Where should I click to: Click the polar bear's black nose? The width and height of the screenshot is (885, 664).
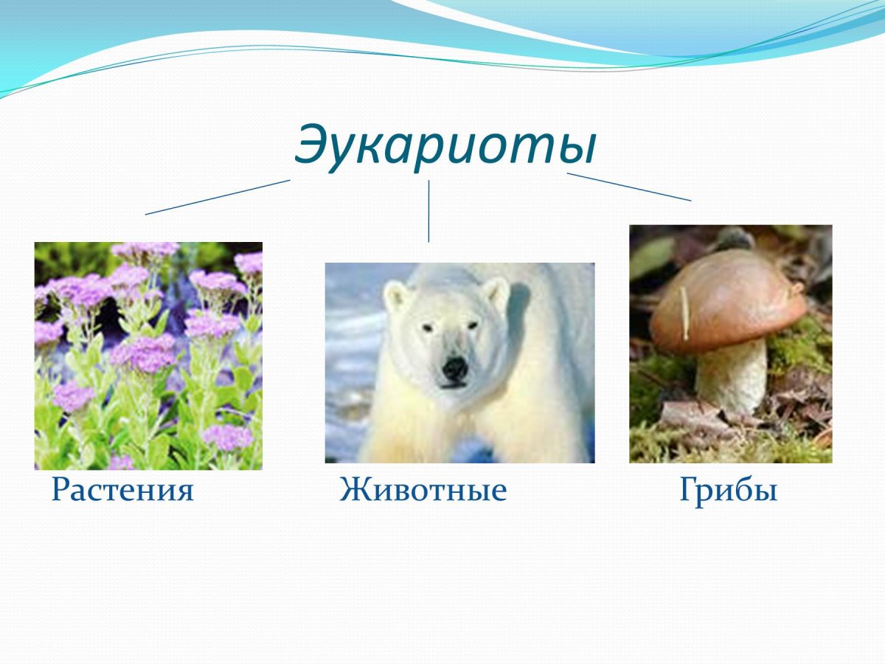coord(454,367)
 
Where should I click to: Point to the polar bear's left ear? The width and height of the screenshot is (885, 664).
coord(398,295)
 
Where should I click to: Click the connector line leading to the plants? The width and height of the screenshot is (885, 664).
coord(218,197)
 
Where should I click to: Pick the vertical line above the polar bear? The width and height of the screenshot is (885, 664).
coord(428,211)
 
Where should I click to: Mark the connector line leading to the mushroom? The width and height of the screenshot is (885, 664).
coord(628,187)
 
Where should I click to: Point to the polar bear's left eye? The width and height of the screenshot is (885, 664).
coord(427,327)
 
